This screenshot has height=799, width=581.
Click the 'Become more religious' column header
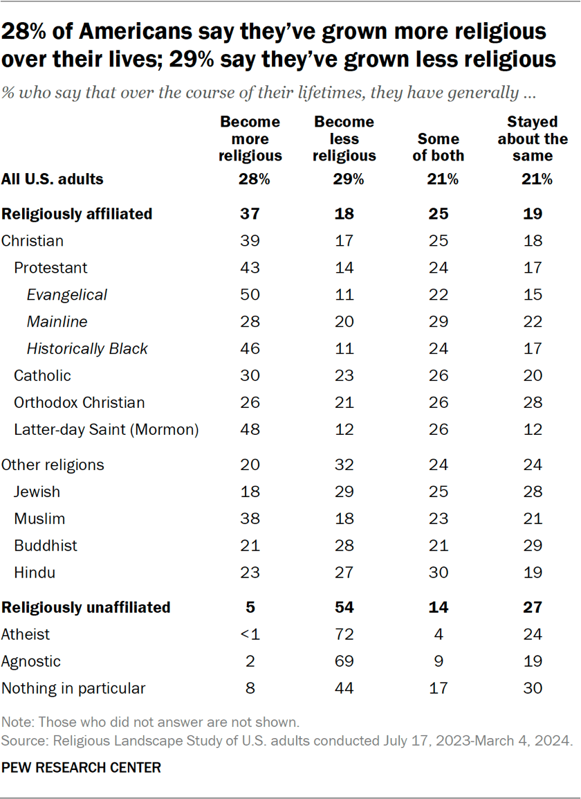250,138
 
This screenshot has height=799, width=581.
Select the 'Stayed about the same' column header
532,138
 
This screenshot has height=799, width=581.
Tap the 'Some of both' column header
438,147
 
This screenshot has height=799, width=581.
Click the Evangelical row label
67,295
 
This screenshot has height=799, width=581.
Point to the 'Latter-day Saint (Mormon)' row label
107,430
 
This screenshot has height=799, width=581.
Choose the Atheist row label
26,634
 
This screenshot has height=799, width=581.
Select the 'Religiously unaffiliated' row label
86,607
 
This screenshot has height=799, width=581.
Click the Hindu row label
35,573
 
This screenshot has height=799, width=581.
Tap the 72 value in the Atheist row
344,634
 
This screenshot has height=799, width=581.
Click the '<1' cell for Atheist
250,634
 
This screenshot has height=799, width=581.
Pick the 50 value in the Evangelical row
250,295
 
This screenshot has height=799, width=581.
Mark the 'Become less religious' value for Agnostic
344,661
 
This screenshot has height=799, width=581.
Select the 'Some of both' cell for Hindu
439,573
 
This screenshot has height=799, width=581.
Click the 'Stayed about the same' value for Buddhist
532,546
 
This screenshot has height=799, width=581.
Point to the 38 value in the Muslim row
250,519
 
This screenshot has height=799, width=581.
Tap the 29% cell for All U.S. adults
344,180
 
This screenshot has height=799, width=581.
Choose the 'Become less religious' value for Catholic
344,376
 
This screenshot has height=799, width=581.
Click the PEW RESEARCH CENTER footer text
81,768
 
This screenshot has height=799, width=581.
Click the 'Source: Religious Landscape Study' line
287,740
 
